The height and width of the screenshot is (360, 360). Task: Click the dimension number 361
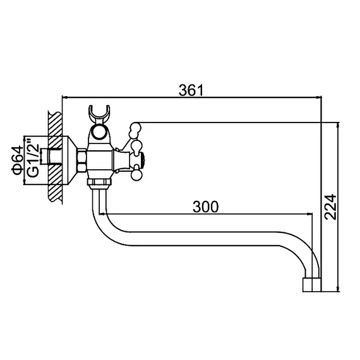pyautogui.click(x=191, y=90)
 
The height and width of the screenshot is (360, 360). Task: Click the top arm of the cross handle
pyautogui.click(x=133, y=131)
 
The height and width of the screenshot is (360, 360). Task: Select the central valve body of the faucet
pyautogui.click(x=100, y=159)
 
